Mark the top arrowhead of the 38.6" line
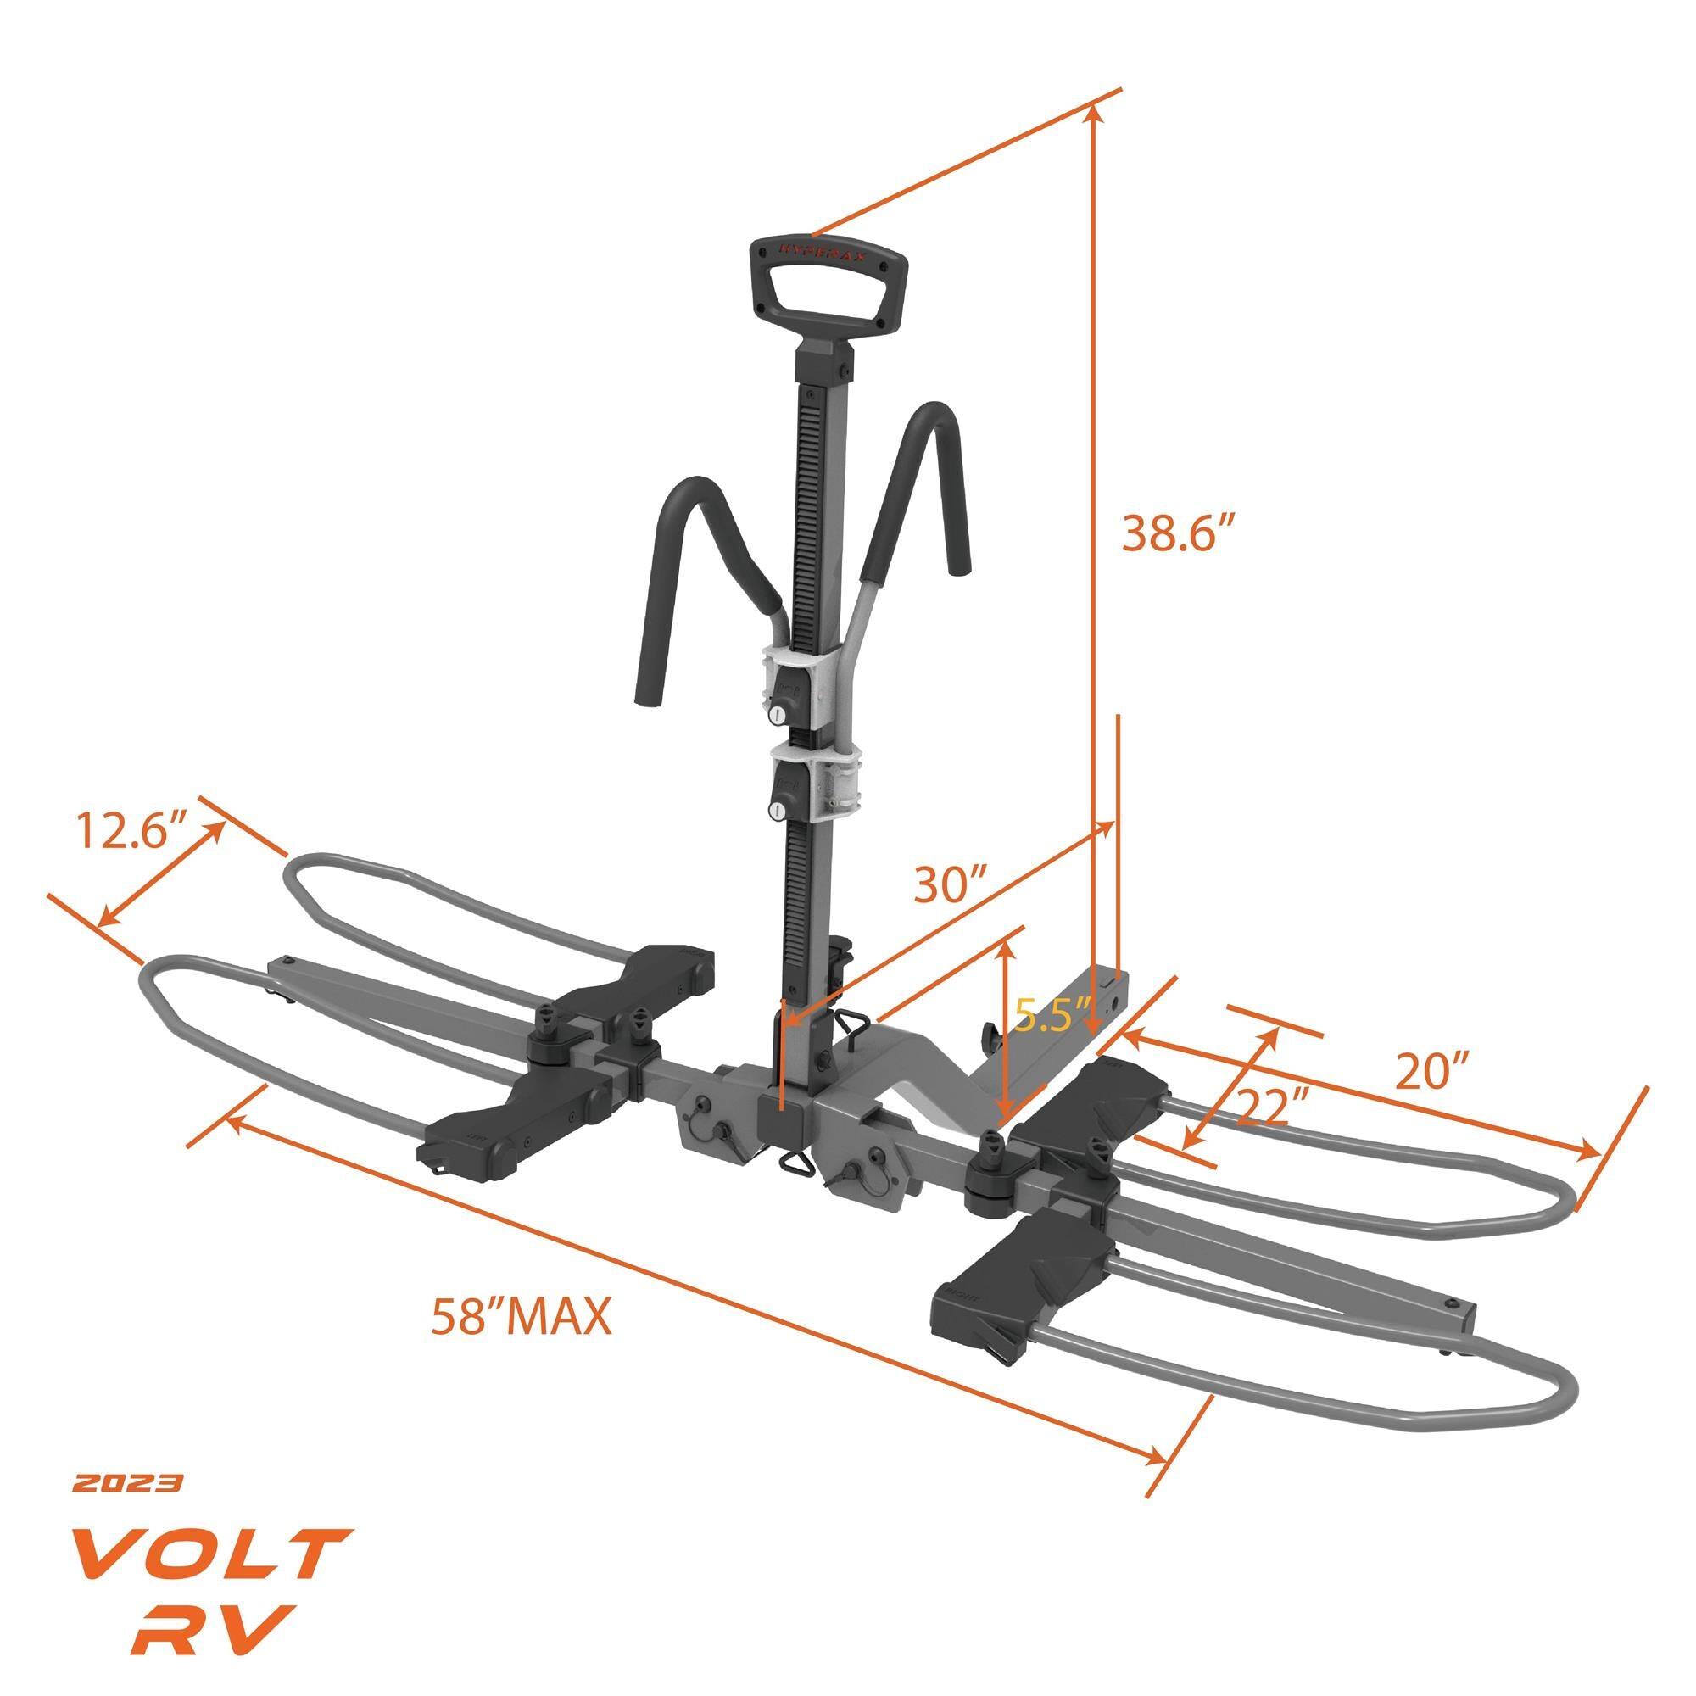1093,110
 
